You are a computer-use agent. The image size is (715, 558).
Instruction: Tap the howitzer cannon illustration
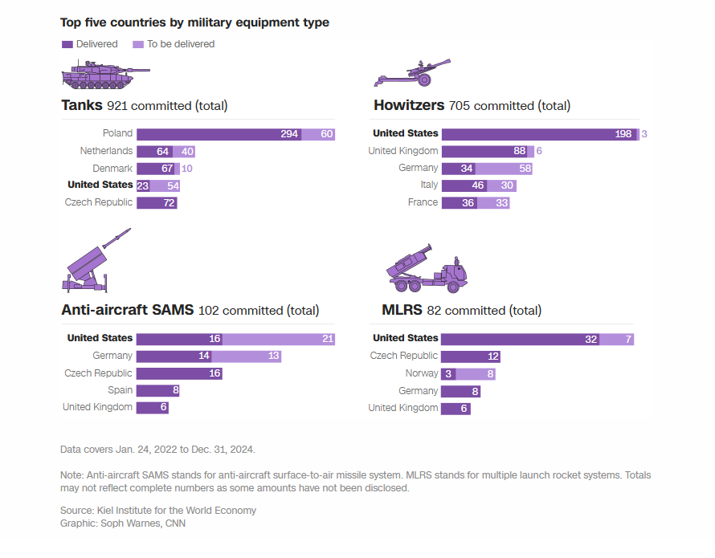[411, 72]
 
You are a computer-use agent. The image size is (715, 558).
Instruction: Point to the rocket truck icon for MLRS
[425, 269]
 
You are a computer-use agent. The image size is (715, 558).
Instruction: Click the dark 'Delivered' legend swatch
[67, 44]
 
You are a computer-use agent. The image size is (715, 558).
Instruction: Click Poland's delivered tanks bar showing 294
[219, 134]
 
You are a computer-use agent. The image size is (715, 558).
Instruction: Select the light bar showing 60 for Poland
[318, 134]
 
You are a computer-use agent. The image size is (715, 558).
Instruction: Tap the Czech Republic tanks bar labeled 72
[157, 203]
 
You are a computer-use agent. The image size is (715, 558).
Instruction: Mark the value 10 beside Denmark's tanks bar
[186, 169]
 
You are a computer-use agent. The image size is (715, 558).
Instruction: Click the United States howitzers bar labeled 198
[538, 134]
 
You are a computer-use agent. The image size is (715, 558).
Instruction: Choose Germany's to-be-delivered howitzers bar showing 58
[504, 169]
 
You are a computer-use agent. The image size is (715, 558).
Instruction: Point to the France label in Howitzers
[423, 202]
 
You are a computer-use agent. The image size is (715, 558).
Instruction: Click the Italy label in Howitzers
[429, 185]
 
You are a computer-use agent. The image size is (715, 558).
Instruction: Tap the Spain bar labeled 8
[157, 391]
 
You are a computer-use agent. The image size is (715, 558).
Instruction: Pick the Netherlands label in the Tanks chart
[106, 151]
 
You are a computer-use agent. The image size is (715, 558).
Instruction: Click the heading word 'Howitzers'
[409, 105]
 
